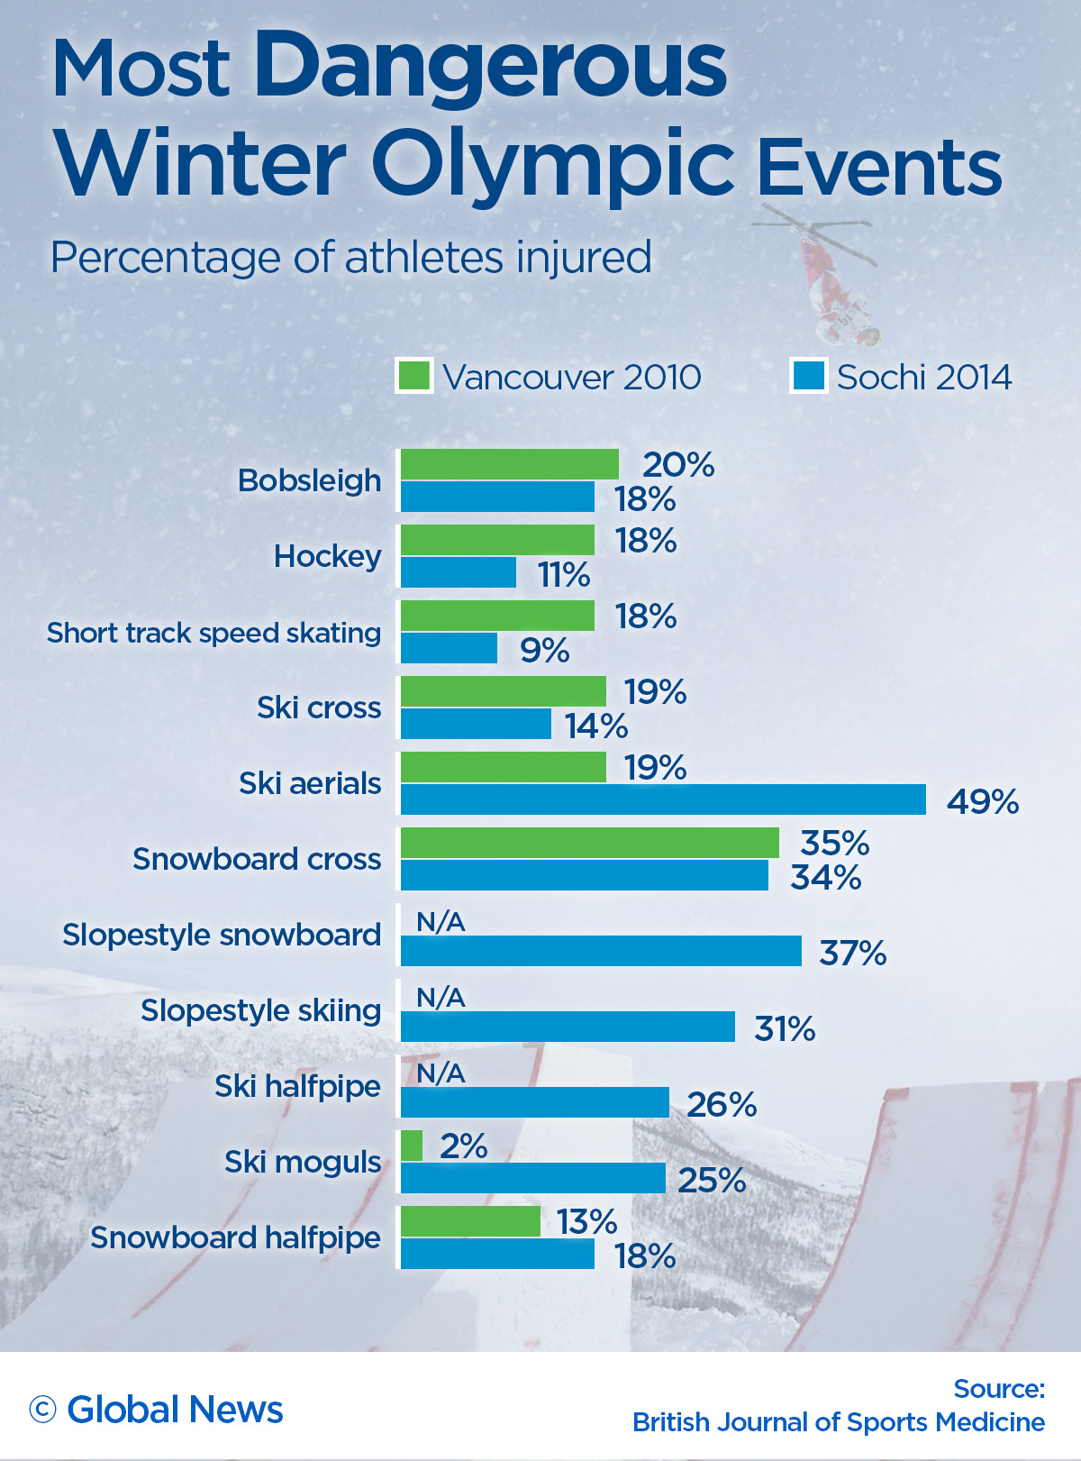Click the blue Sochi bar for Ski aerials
(663, 799)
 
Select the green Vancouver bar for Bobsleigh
(510, 464)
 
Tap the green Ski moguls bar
(412, 1146)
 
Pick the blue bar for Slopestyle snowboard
(601, 951)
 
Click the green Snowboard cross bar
(590, 843)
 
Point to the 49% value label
(982, 801)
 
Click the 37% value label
(852, 953)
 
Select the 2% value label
(463, 1146)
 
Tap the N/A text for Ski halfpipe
(441, 1073)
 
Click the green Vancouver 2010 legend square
(414, 376)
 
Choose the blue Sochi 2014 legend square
(809, 376)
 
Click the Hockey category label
(327, 557)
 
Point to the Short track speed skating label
(213, 633)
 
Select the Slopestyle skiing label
(260, 1010)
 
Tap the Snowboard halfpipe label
(235, 1237)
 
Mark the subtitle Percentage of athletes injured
(350, 258)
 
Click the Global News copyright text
(157, 1410)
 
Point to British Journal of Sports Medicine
(838, 1422)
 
